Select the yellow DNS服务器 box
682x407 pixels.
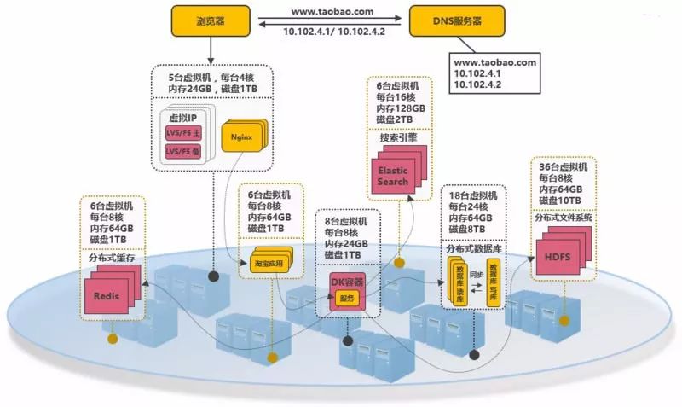click(x=450, y=20)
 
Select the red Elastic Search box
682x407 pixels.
click(x=393, y=175)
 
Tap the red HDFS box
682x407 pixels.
click(x=555, y=256)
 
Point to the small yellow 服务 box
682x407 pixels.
click(x=346, y=298)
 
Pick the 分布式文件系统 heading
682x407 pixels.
click(x=563, y=218)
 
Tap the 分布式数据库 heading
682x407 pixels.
click(x=473, y=249)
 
